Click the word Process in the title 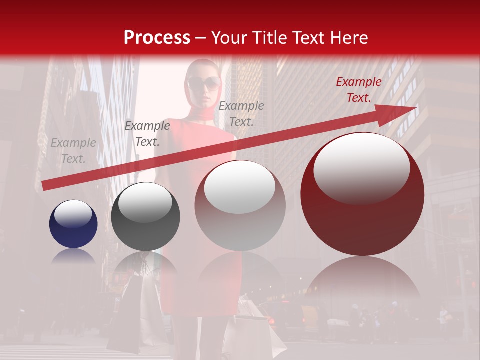tap(157, 38)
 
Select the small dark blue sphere tap(73, 224)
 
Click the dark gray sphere tap(145, 217)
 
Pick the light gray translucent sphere tap(240, 206)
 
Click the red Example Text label tap(358, 90)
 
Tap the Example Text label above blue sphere tap(73, 151)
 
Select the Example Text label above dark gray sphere tap(147, 134)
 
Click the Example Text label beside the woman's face tap(241, 113)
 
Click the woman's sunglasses tap(203, 83)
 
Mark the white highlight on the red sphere tap(361, 168)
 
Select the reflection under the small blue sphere tap(73, 256)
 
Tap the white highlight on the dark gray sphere tap(145, 202)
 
